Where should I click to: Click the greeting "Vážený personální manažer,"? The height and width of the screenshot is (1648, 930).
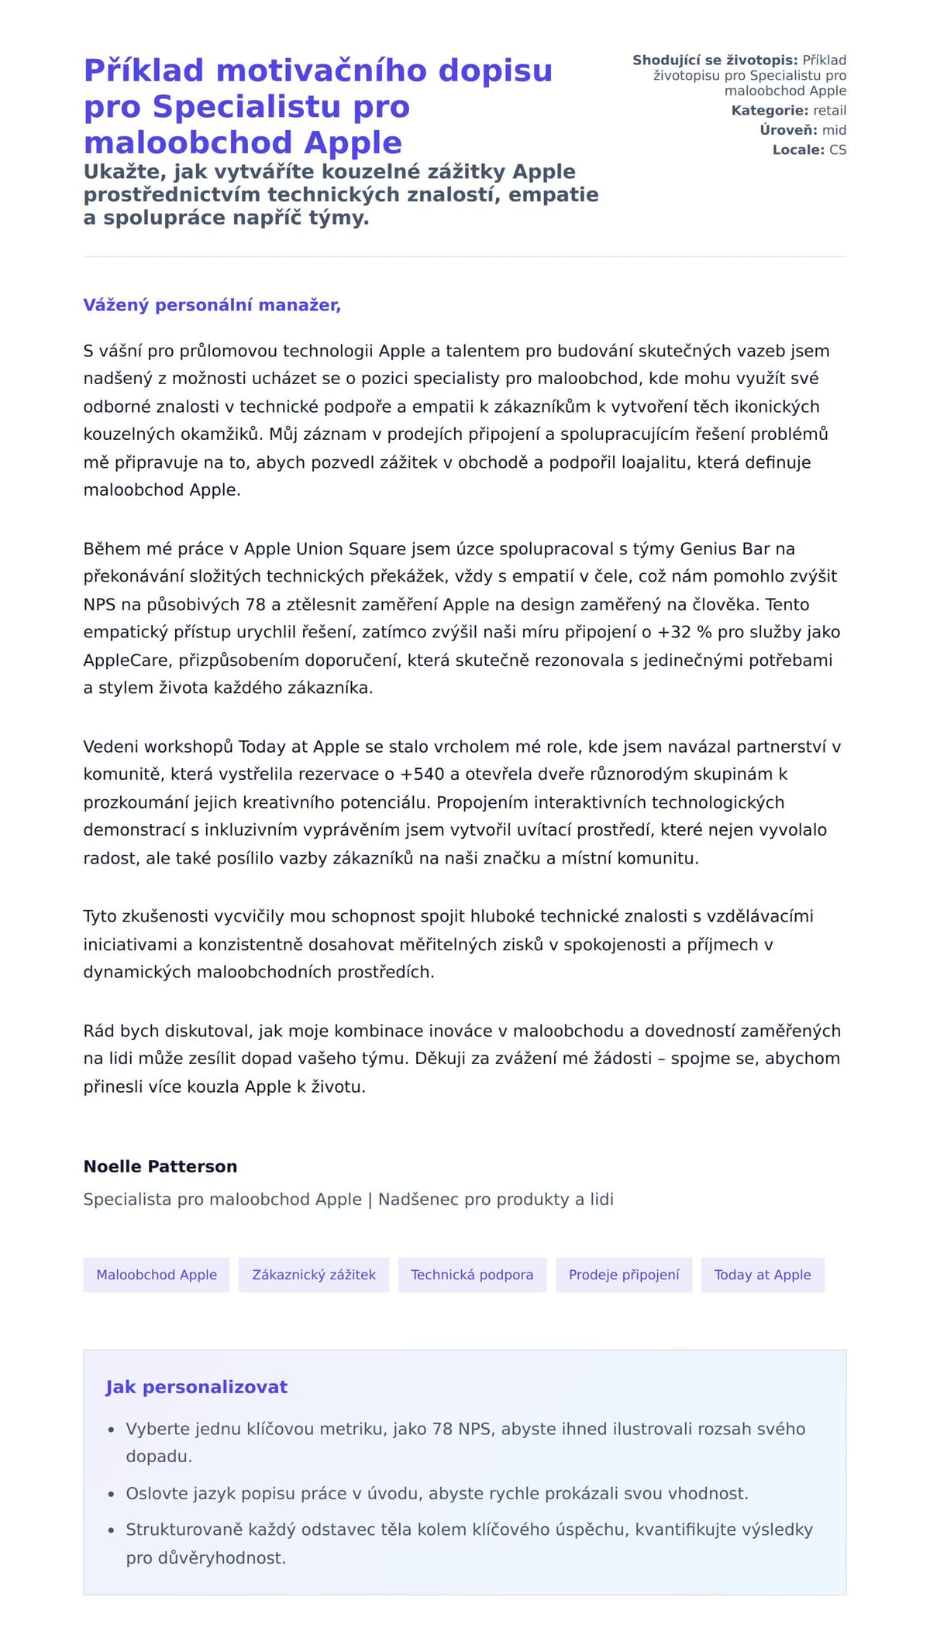coord(212,305)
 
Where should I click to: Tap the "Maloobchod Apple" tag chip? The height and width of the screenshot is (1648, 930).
coord(157,1275)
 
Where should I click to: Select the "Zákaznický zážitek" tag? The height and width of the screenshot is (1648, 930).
coord(314,1275)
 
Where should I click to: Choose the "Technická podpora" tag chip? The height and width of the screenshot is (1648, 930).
coord(472,1275)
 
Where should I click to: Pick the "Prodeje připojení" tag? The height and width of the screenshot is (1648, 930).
coord(624,1275)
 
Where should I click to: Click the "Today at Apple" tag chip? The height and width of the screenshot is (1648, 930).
coord(763,1275)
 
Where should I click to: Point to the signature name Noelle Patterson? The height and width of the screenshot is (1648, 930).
coord(160,1166)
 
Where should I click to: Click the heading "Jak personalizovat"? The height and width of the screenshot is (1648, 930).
coord(196,1387)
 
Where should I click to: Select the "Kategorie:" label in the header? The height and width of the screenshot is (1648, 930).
coord(770,111)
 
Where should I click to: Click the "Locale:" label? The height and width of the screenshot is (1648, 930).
coord(798,149)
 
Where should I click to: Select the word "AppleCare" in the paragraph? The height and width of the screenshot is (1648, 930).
coord(126,661)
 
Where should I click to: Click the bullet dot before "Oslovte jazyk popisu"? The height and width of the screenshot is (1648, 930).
coord(112,1494)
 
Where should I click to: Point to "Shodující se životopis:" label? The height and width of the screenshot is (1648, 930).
coord(715,60)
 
